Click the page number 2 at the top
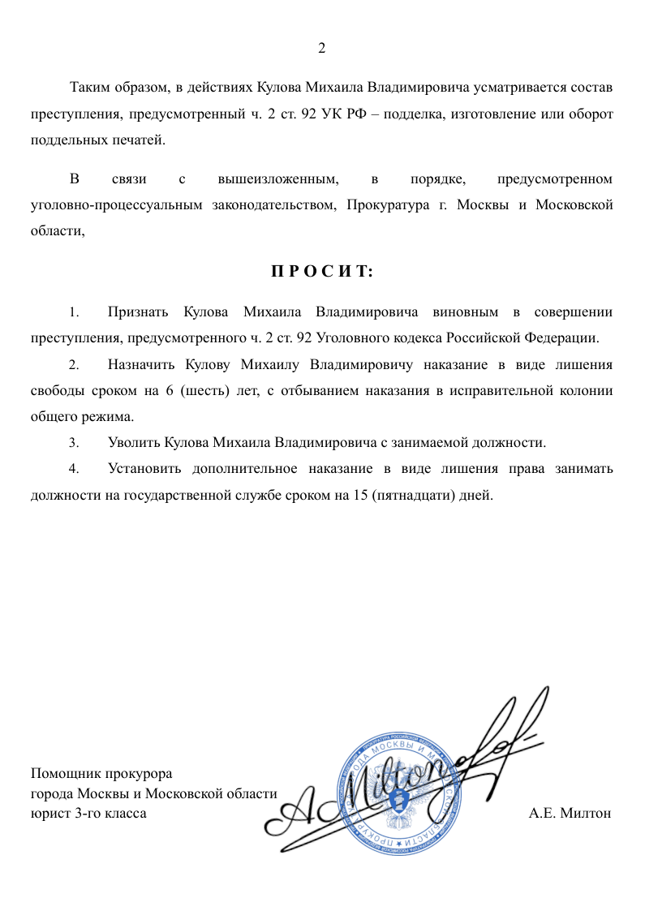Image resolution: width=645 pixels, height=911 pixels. tap(321, 49)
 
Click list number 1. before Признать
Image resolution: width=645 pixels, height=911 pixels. tap(74, 312)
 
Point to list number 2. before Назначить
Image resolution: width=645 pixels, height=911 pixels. tap(74, 365)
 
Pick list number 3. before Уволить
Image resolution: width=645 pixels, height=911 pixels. tap(74, 443)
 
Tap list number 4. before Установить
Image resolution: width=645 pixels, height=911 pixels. tap(74, 469)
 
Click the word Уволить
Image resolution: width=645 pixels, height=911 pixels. tap(134, 443)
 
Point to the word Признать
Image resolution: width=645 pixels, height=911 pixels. tap(138, 312)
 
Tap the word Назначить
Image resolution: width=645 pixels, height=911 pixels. tap(141, 365)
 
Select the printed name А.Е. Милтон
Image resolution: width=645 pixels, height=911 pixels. tap(570, 813)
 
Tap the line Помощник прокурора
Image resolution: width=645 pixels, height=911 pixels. tap(101, 774)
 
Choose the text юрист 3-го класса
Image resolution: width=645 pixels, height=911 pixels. tap(88, 813)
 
